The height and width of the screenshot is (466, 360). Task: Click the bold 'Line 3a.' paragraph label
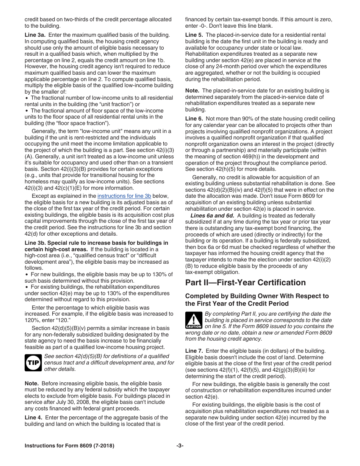click(x=35, y=35)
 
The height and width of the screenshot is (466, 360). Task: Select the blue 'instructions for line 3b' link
click(x=124, y=196)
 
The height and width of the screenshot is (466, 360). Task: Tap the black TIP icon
click(x=33, y=362)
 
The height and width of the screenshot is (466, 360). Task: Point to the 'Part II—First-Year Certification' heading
click(x=245, y=283)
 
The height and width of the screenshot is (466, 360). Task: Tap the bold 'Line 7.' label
click(x=194, y=351)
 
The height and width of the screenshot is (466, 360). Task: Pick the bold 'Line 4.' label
click(x=33, y=418)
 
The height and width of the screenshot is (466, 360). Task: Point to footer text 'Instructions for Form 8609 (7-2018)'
click(x=69, y=446)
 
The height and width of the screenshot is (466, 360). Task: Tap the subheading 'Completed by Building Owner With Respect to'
click(x=257, y=296)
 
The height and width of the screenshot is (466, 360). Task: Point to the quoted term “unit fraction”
click(x=121, y=104)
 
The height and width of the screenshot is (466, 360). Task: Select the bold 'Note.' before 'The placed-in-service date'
click(x=193, y=91)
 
